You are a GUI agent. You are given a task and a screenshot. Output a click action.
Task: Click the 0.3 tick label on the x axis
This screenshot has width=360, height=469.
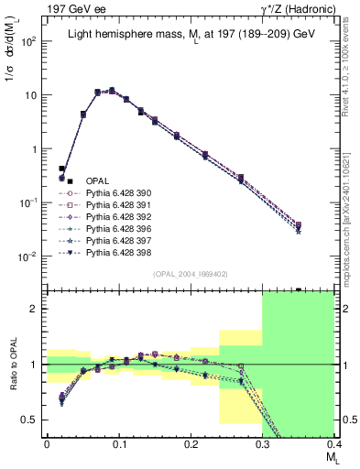[x=263, y=443]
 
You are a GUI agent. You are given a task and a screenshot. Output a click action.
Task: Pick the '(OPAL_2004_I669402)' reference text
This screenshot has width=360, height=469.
[x=190, y=273]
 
